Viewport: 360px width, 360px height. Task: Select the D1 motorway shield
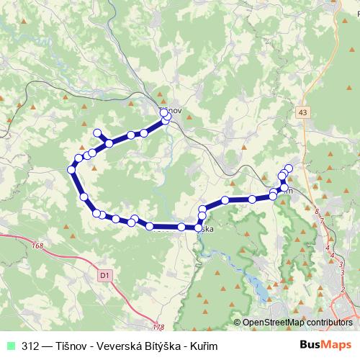[104, 274]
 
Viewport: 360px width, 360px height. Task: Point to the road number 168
[38, 247]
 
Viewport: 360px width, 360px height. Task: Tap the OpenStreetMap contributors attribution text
[297, 323]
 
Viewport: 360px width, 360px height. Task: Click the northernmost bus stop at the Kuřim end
[289, 168]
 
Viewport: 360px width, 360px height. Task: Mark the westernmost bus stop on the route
[71, 169]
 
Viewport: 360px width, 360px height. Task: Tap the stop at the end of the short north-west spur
[98, 132]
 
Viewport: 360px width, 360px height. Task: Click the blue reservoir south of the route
[256, 287]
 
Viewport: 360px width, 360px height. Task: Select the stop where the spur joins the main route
[109, 143]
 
